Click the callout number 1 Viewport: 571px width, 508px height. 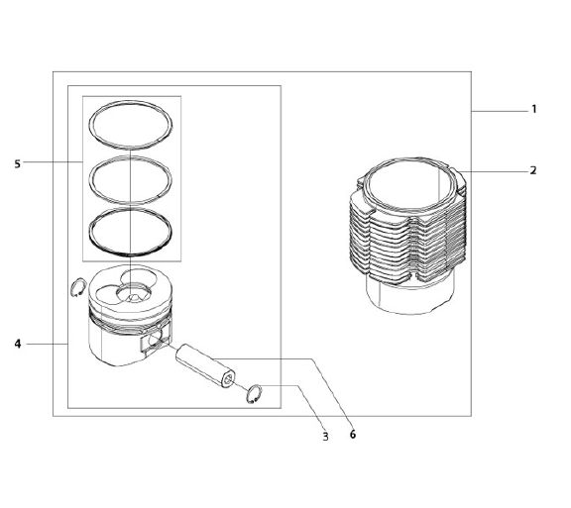(x=534, y=109)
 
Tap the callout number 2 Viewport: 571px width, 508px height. (x=533, y=170)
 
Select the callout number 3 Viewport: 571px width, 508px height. (x=325, y=437)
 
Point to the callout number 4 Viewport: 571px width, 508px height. (x=18, y=344)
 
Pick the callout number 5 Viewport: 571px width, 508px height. (x=18, y=164)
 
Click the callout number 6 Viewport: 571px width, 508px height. (x=353, y=434)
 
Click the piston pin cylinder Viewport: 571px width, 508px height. (x=206, y=365)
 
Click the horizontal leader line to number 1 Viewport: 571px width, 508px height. (x=500, y=111)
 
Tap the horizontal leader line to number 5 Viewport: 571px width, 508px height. (x=54, y=162)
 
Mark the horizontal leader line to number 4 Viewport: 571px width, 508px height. (x=47, y=344)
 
